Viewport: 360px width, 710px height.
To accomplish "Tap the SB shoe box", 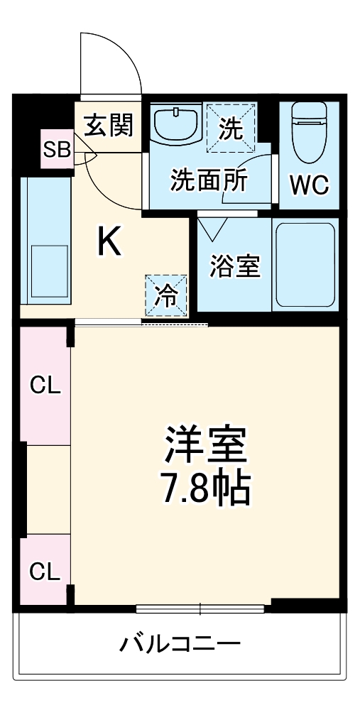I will [x=56, y=149].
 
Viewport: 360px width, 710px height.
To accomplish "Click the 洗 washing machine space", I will [x=229, y=128].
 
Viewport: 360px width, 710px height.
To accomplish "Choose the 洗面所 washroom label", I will [x=208, y=180].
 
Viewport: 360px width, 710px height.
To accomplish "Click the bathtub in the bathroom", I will [x=305, y=264].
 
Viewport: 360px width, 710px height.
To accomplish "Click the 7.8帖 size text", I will [x=205, y=488].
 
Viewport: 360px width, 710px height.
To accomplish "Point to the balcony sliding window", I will [x=200, y=608].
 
